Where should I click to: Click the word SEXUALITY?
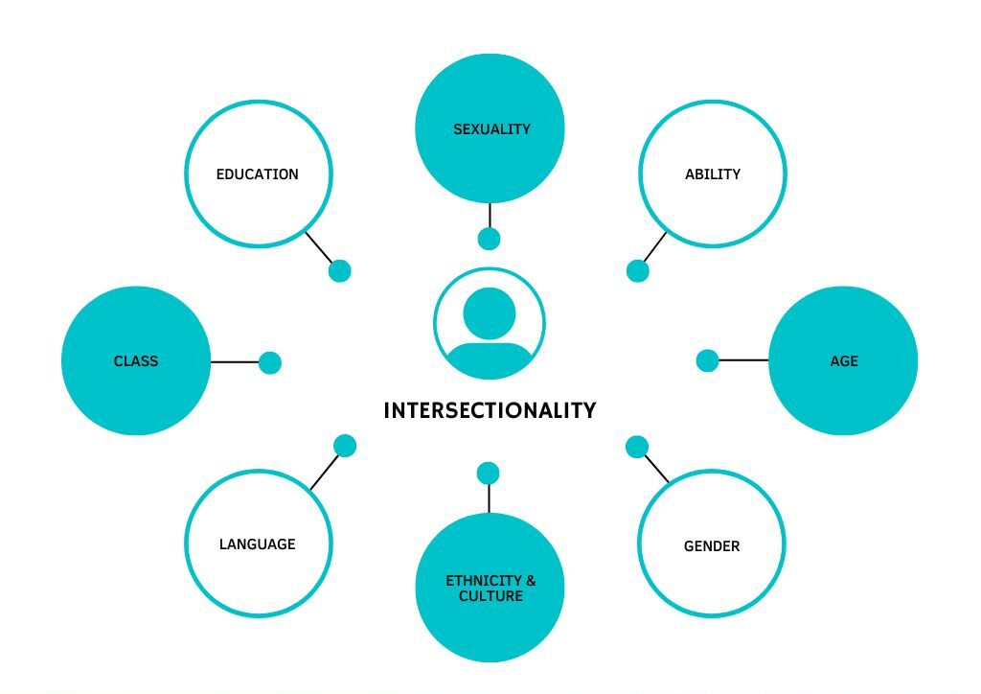(491, 129)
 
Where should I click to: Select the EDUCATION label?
(257, 174)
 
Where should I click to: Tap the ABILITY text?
(713, 174)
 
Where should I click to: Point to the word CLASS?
(136, 361)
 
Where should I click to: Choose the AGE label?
(844, 361)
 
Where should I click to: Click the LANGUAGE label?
(257, 544)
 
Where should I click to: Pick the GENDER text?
(712, 546)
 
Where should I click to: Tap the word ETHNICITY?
(483, 581)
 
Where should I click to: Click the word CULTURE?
(490, 596)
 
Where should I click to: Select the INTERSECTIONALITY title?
(490, 410)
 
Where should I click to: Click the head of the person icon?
(490, 313)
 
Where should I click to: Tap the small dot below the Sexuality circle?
(489, 239)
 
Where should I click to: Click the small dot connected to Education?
(340, 271)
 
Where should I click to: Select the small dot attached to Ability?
(637, 271)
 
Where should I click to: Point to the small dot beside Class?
(269, 362)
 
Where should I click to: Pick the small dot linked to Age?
(708, 360)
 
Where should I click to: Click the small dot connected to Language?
(345, 446)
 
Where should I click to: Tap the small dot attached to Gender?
(637, 447)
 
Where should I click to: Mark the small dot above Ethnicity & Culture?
(488, 474)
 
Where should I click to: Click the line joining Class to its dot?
(235, 361)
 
